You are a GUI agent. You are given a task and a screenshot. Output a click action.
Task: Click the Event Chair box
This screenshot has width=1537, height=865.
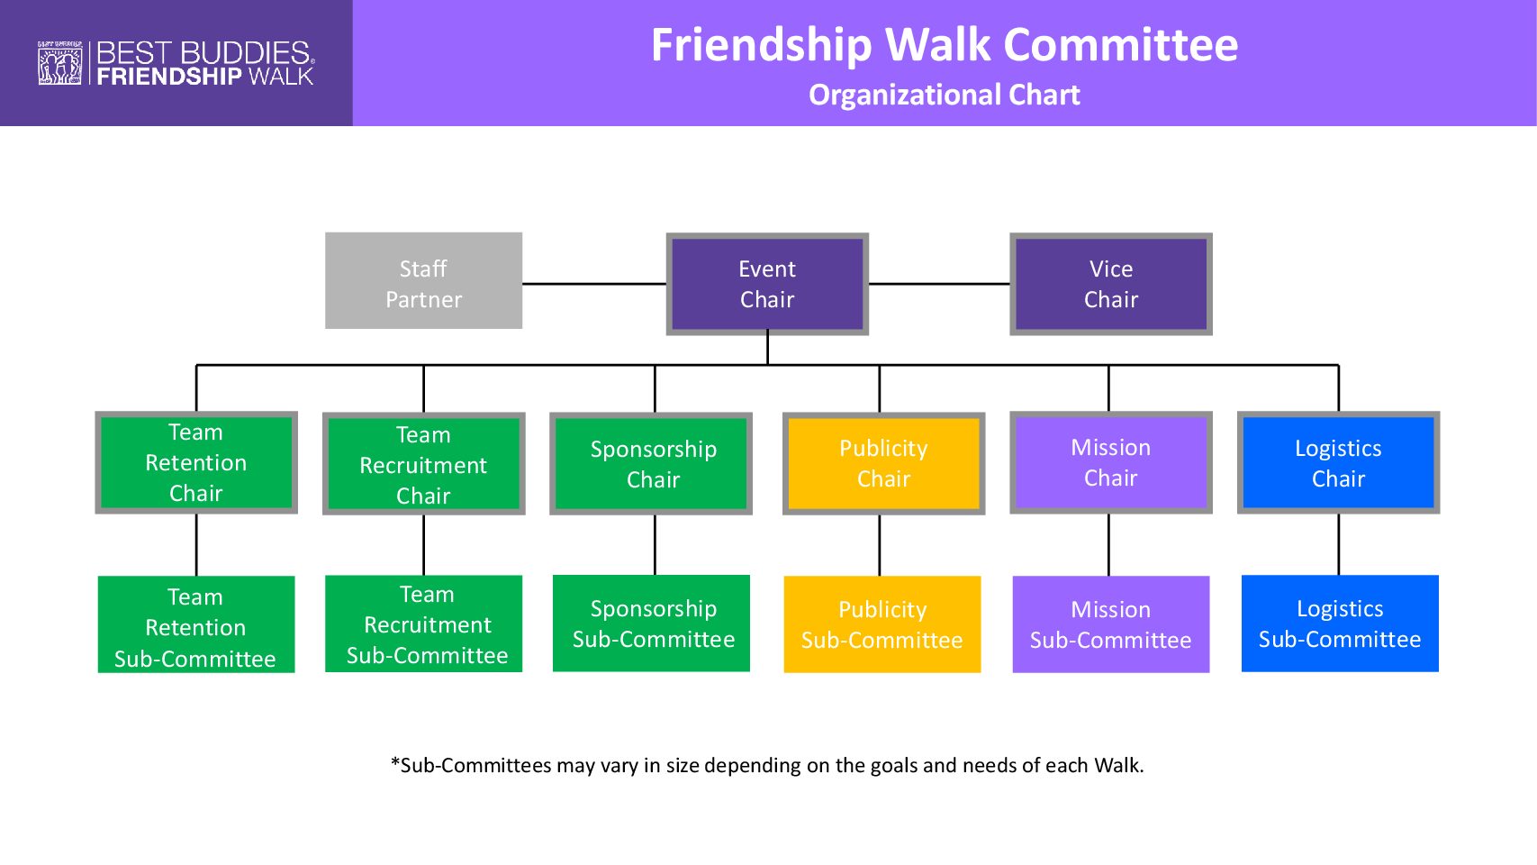[767, 284]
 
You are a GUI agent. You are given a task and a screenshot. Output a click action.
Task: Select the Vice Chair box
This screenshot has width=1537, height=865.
[1110, 284]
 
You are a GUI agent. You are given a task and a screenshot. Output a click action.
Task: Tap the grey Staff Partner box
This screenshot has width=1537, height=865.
[423, 281]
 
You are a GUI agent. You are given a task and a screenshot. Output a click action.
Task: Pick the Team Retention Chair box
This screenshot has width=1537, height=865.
[196, 462]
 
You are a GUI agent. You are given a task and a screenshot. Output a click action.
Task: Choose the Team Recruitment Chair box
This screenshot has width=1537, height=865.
[423, 464]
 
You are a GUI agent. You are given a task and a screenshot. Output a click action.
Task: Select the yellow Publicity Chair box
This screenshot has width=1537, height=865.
[883, 464]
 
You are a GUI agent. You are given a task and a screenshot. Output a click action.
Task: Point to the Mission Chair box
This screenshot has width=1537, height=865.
[1110, 462]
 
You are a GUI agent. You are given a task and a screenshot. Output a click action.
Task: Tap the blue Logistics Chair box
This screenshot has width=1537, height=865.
[1338, 462]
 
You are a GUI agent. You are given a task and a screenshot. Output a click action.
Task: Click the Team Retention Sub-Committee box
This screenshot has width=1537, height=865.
[196, 624]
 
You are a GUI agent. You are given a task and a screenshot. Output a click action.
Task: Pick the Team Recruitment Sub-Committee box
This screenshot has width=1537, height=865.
[423, 624]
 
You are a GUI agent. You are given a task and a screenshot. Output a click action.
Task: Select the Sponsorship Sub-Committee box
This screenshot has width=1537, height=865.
[651, 624]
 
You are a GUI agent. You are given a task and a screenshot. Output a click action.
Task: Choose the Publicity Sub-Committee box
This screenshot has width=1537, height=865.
[882, 624]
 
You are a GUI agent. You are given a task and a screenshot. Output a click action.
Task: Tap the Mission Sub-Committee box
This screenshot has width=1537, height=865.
[1110, 624]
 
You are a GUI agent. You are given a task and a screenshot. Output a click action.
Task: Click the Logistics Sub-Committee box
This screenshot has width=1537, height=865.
[1340, 624]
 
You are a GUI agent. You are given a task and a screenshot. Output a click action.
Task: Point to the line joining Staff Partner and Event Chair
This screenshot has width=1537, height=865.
[594, 284]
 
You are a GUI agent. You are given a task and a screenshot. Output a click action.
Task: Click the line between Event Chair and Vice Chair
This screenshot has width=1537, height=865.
[939, 284]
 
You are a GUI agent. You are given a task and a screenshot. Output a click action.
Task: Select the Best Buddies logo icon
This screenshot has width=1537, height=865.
[59, 63]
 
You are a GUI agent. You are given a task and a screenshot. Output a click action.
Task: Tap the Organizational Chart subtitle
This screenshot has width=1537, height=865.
[944, 96]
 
